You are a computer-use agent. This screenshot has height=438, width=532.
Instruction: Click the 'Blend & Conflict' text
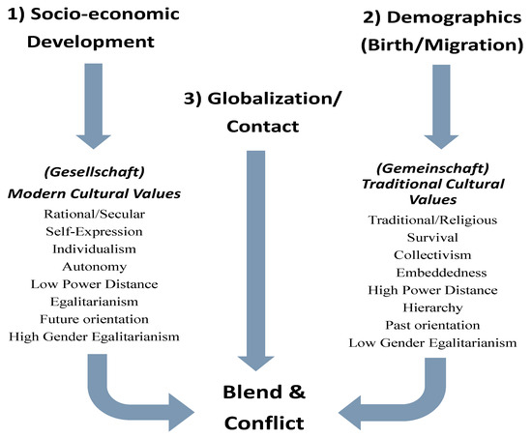(x=263, y=407)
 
